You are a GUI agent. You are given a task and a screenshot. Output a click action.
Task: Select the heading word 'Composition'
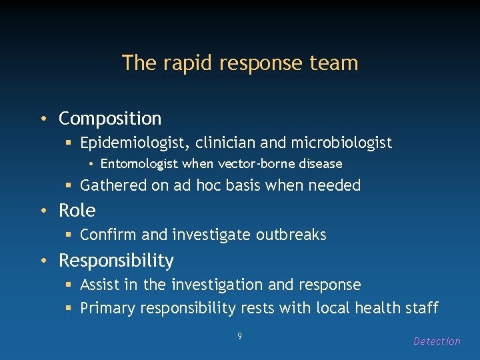pos(110,119)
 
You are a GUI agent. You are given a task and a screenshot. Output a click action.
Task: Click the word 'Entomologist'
pos(139,164)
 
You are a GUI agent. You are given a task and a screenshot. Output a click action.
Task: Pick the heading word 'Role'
pos(77,211)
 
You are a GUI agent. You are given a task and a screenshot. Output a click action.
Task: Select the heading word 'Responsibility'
pos(116,260)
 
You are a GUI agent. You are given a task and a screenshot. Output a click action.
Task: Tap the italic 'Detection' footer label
pos(437,341)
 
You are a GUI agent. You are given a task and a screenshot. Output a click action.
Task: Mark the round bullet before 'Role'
pos(44,211)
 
